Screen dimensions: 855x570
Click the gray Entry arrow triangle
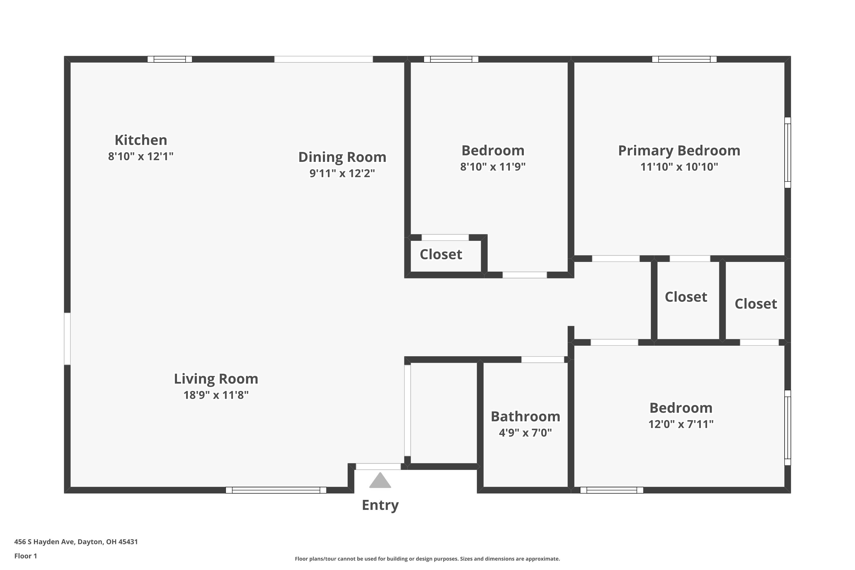(x=380, y=481)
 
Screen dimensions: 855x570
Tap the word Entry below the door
(x=380, y=505)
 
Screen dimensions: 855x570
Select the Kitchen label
(x=141, y=140)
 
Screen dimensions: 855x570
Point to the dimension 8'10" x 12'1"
(x=141, y=156)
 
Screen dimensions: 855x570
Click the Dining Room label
(x=342, y=157)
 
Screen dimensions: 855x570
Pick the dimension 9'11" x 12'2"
(x=342, y=173)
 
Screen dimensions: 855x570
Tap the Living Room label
(x=216, y=379)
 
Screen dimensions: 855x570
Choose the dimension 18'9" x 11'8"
(x=216, y=395)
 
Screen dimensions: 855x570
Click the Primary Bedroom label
(x=679, y=150)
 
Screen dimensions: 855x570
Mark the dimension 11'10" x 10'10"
(x=679, y=167)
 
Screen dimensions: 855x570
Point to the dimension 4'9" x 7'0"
(x=525, y=433)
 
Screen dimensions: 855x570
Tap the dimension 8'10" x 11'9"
(x=493, y=167)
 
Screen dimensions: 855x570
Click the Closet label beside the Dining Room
(x=441, y=255)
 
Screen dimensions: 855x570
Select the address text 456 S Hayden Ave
(x=44, y=542)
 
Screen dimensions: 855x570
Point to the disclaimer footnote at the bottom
(x=427, y=559)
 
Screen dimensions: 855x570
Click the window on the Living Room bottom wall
(x=276, y=490)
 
